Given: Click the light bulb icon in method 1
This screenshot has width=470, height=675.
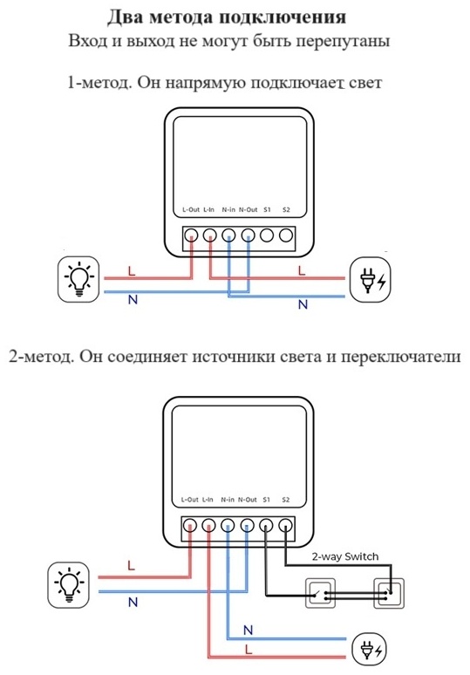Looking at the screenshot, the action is (x=79, y=278).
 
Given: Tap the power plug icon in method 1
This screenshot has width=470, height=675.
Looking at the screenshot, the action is (x=371, y=279).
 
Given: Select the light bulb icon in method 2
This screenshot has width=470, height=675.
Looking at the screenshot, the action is (x=68, y=584).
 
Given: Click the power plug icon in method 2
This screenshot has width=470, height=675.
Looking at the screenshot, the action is (x=370, y=649).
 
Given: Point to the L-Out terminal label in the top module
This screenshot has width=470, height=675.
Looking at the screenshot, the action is (x=191, y=209).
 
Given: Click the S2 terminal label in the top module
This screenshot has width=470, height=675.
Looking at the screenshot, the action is (x=286, y=209).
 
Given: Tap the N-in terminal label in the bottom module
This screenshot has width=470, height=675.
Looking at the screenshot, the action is (x=228, y=500).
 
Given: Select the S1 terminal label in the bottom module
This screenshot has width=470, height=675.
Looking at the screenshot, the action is (x=267, y=500).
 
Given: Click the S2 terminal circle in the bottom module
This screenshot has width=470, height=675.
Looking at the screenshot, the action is (x=285, y=526).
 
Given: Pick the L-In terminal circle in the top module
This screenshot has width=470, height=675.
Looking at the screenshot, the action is (x=209, y=235).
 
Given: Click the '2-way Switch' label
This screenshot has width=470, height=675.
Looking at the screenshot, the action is (x=345, y=556).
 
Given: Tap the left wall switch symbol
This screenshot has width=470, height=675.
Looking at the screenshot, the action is (x=320, y=593).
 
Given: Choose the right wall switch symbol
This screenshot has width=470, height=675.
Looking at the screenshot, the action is (x=389, y=593).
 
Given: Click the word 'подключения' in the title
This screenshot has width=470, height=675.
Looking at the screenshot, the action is (x=283, y=17).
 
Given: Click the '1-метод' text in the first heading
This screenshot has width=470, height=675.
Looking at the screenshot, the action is (x=99, y=82).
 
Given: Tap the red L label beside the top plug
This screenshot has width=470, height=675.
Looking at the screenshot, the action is (x=302, y=270).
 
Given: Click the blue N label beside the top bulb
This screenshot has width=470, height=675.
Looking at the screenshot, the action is (x=133, y=299).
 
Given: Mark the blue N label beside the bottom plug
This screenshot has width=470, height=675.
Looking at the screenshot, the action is (x=248, y=631).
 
